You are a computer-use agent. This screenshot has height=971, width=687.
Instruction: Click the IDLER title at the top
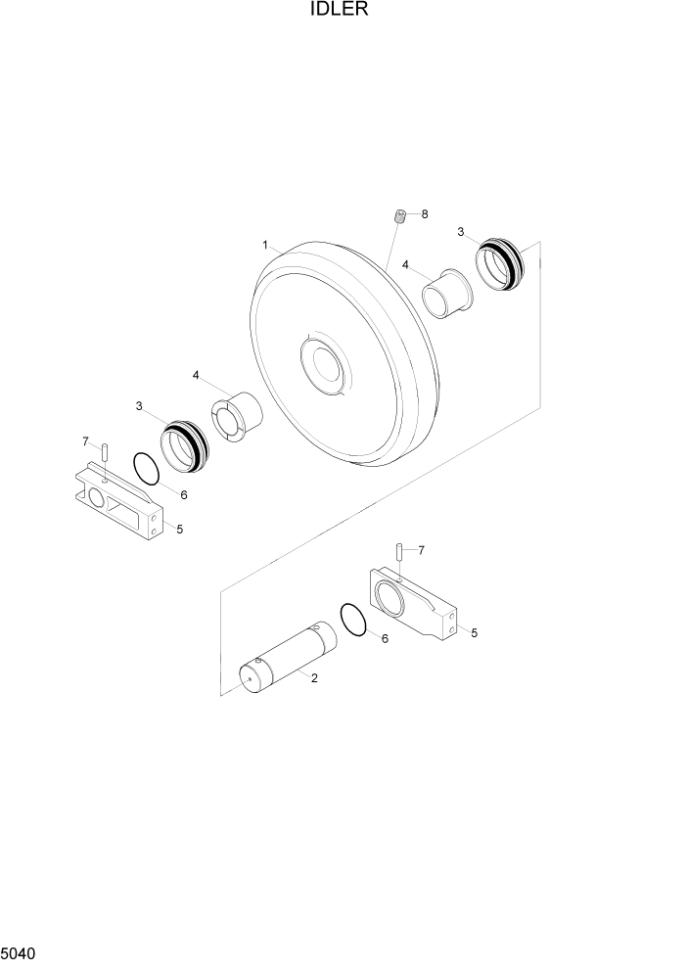coord(343,11)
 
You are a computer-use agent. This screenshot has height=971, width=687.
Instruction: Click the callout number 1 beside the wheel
coord(264,243)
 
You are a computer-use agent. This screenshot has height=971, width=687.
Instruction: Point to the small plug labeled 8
coord(399,216)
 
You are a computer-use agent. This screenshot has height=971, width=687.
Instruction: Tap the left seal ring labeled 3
coord(184,445)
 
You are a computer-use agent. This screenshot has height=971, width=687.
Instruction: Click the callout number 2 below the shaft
coord(313,677)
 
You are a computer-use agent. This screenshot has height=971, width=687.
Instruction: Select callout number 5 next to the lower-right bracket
coord(474,633)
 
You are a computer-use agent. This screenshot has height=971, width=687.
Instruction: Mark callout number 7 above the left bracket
coord(85,440)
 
